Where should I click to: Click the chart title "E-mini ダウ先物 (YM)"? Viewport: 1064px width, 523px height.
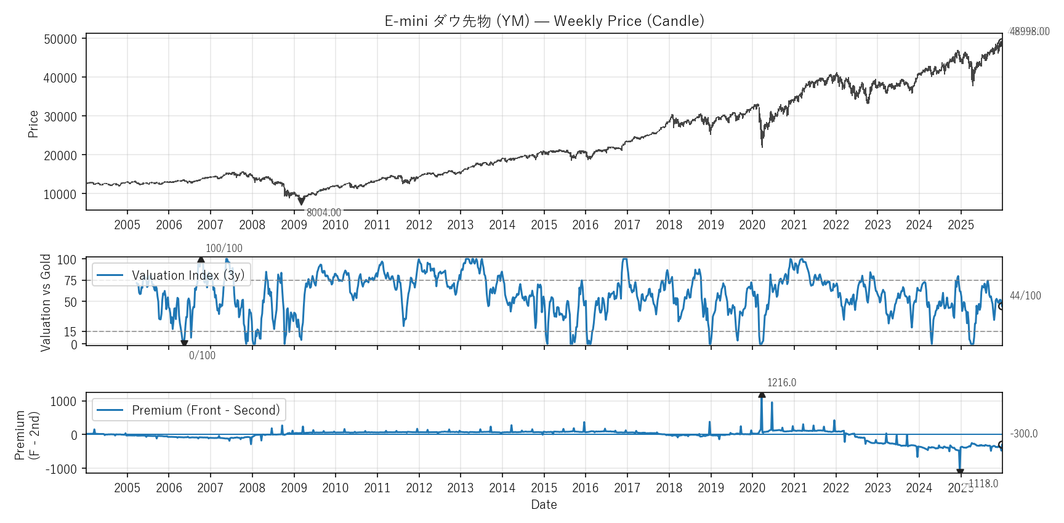(457, 21)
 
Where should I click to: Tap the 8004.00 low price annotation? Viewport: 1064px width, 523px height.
(323, 213)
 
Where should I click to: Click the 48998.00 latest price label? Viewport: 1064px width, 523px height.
(1029, 31)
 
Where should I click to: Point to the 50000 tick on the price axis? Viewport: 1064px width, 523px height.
(60, 39)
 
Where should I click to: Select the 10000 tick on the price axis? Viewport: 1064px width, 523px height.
(60, 195)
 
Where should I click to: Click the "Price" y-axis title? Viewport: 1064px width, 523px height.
(33, 124)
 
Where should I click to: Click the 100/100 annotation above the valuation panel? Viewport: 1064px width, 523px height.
(224, 248)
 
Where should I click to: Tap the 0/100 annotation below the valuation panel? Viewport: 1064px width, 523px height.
(202, 355)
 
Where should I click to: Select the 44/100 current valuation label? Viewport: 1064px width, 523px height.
(1025, 296)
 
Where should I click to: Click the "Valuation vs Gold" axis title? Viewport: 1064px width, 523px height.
(46, 302)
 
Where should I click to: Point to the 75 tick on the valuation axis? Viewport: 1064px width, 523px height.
(71, 281)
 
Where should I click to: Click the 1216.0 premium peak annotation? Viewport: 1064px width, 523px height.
(781, 383)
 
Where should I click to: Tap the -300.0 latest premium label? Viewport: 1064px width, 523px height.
(1023, 434)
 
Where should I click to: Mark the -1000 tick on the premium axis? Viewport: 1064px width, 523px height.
(62, 469)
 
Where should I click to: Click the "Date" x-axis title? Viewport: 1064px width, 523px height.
(544, 505)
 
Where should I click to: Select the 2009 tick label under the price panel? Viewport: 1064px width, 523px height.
(294, 225)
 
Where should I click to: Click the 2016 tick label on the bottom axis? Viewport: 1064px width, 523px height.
(585, 488)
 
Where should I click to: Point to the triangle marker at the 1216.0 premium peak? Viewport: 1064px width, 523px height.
(762, 394)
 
